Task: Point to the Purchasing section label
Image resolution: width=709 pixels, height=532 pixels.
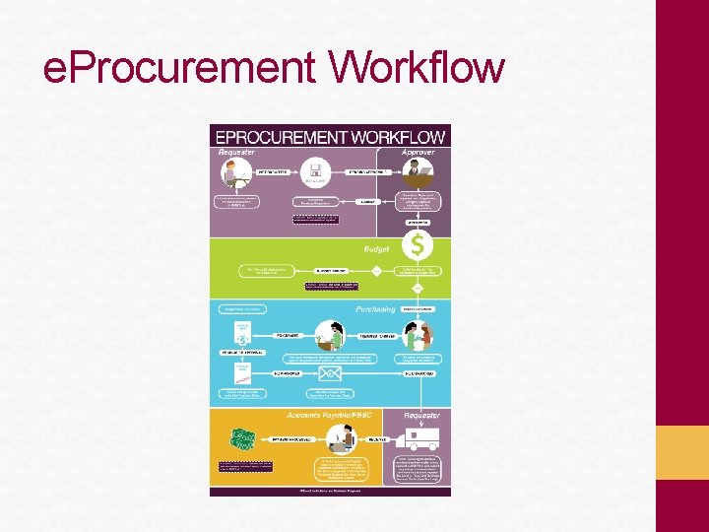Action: click(x=370, y=309)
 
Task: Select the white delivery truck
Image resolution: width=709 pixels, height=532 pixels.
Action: click(x=420, y=439)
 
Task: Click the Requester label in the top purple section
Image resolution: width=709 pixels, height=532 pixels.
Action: click(x=236, y=152)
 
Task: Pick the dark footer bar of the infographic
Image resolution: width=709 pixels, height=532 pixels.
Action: click(x=330, y=490)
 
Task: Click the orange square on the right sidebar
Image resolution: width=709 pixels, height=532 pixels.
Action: click(x=695, y=452)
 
